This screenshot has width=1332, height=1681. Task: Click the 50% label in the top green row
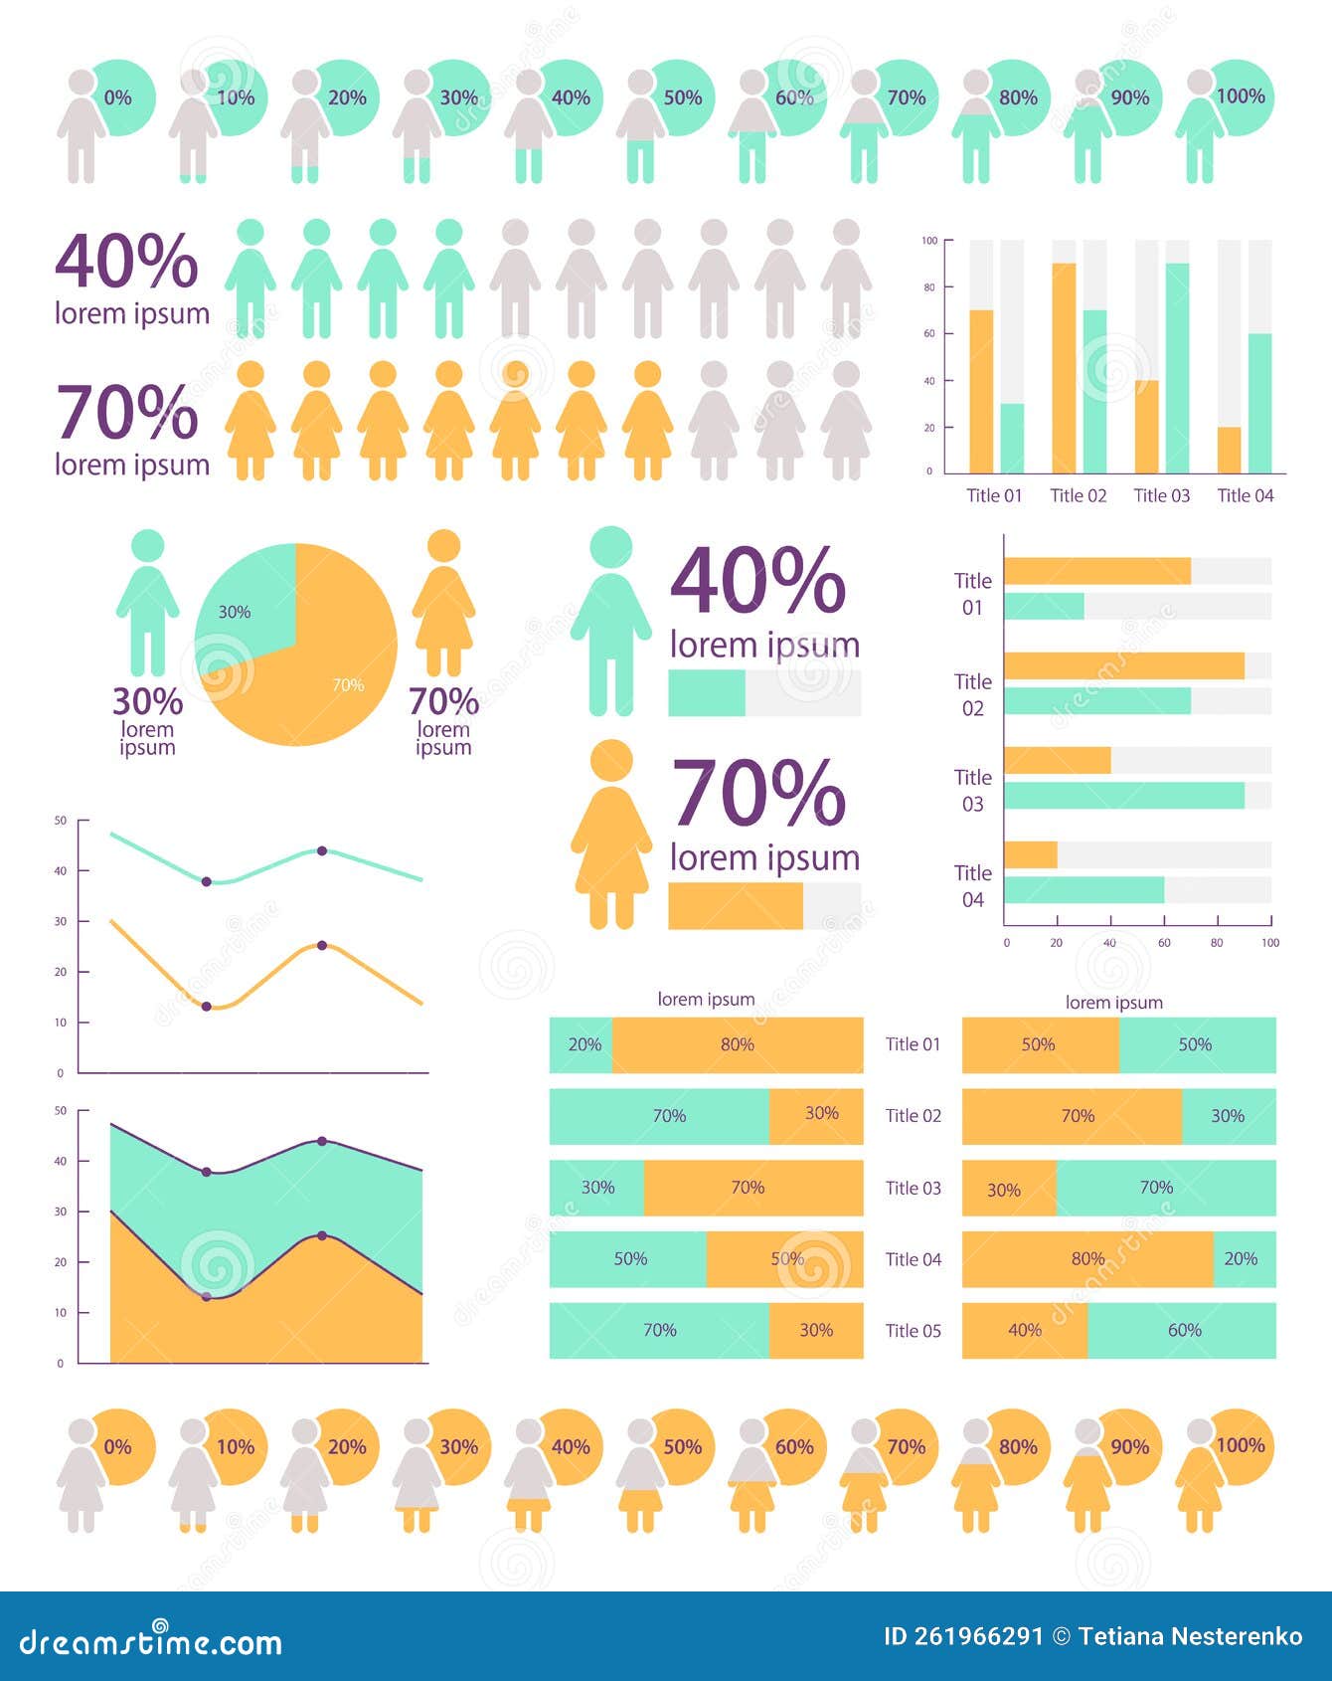tap(682, 97)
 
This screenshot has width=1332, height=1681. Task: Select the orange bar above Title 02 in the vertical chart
tap(1064, 368)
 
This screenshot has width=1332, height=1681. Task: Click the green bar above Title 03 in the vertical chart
tap(1177, 368)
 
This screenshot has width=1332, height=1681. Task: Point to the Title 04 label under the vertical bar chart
tap(1245, 495)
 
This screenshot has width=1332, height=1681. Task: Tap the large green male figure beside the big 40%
tap(610, 622)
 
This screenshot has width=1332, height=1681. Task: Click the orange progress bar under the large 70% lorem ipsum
tap(735, 906)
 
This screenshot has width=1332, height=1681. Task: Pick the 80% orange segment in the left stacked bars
tap(737, 1044)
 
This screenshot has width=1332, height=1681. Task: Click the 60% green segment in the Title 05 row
tap(1182, 1331)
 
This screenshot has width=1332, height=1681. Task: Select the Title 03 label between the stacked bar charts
tap(913, 1188)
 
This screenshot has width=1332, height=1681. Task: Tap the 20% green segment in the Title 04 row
tap(1244, 1259)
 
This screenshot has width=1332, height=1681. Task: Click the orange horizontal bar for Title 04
tap(1031, 854)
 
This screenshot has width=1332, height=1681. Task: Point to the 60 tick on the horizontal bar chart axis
tap(1164, 942)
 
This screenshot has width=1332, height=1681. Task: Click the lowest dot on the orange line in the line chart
tap(207, 1007)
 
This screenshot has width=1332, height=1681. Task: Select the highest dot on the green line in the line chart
tap(322, 850)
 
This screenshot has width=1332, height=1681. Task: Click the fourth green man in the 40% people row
tap(448, 279)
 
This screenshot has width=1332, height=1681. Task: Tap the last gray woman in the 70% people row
tap(846, 420)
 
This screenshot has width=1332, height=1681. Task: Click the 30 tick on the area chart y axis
tap(61, 1212)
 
